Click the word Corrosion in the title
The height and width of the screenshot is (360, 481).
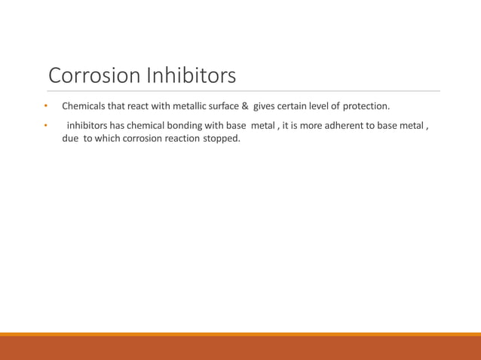(x=93, y=76)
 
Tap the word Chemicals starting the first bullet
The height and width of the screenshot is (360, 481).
(x=84, y=106)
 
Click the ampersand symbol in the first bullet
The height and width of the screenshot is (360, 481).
(x=245, y=106)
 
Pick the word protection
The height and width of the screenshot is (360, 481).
(x=366, y=106)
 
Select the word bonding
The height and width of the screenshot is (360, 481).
(x=182, y=125)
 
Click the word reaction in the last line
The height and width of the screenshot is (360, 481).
(x=183, y=139)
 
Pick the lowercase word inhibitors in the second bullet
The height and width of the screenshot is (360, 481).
(x=90, y=125)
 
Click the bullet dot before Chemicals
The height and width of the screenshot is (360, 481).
(x=45, y=106)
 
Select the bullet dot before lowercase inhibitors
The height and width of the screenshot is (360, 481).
(x=45, y=125)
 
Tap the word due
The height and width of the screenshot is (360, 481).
(x=70, y=139)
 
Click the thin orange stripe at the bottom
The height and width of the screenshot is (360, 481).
(x=240, y=334)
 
